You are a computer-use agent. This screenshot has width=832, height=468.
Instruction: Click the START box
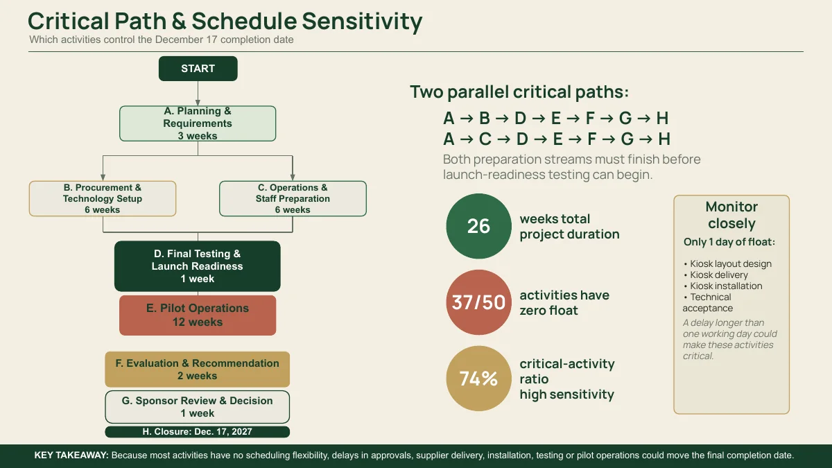pyautogui.click(x=198, y=69)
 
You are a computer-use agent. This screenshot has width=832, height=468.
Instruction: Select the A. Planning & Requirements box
pyautogui.click(x=198, y=123)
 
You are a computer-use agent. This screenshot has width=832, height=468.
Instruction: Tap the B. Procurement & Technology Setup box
pyautogui.click(x=103, y=199)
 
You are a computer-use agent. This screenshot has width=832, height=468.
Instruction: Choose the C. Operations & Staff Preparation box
pyautogui.click(x=293, y=199)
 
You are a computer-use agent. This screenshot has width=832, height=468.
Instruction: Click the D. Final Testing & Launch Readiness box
pyautogui.click(x=197, y=266)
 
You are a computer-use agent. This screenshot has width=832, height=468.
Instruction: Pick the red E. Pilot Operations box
pyautogui.click(x=198, y=315)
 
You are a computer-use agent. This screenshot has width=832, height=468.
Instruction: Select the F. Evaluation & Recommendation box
pyautogui.click(x=197, y=369)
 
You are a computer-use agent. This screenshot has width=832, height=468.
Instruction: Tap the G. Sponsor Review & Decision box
pyautogui.click(x=197, y=407)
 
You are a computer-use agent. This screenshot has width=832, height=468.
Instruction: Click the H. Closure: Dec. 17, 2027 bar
pyautogui.click(x=197, y=431)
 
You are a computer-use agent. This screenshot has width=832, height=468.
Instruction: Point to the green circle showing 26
pyautogui.click(x=478, y=226)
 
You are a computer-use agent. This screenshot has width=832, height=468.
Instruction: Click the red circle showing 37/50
pyautogui.click(x=478, y=302)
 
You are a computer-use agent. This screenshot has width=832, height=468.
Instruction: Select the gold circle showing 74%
pyautogui.click(x=478, y=378)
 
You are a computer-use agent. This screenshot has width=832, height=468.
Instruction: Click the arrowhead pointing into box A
pyautogui.click(x=198, y=103)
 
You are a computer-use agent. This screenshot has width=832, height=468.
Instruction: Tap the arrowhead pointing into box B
pyautogui.click(x=103, y=177)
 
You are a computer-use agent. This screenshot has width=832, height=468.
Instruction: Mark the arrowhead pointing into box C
pyautogui.click(x=293, y=177)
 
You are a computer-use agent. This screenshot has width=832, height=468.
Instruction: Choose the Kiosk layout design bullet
pyautogui.click(x=727, y=263)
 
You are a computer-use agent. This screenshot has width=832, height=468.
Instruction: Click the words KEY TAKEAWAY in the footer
pyautogui.click(x=71, y=455)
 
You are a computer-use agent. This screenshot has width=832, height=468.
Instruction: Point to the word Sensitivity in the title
pyautogui.click(x=362, y=21)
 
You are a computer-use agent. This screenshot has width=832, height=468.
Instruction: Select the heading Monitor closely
pyautogui.click(x=731, y=215)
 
